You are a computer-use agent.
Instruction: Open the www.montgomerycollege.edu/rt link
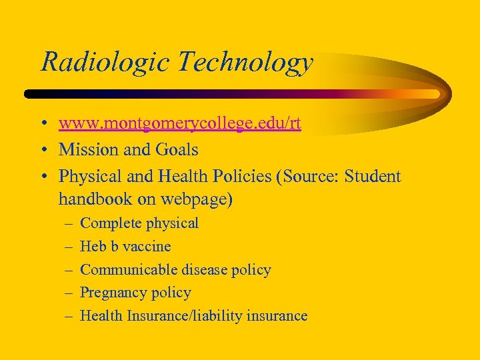click(179, 124)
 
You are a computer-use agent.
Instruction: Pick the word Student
click(373, 177)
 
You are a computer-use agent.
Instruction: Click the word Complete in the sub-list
click(110, 223)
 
